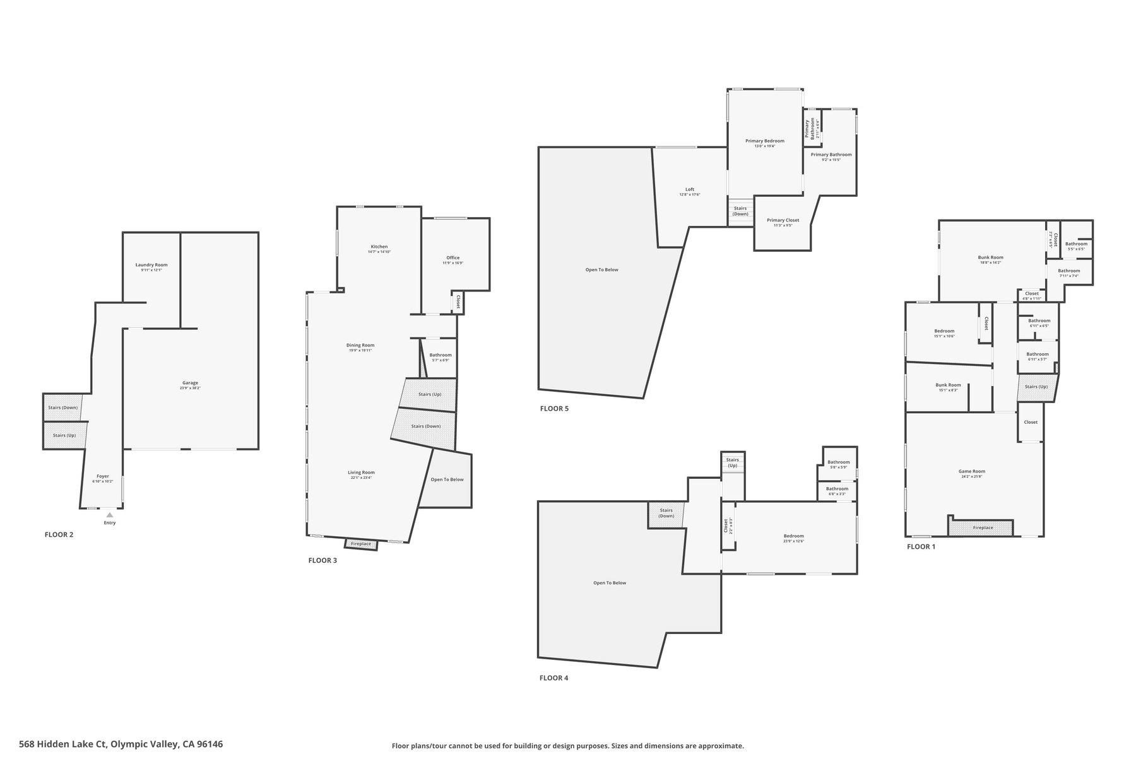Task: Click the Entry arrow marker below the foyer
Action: pos(110,515)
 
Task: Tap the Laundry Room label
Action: pos(151,265)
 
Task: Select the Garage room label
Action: pos(190,383)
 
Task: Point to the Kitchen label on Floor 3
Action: pos(379,247)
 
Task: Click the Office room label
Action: pos(453,257)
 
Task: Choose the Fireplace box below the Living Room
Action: pos(361,544)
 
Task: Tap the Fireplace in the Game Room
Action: pos(982,527)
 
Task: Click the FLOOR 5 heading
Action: pos(554,409)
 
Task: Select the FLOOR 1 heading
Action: pos(921,547)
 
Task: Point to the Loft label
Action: pos(690,189)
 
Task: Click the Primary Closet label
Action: pos(783,220)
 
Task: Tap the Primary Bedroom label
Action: pos(764,141)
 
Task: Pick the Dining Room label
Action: pos(360,345)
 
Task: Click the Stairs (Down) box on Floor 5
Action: pos(740,211)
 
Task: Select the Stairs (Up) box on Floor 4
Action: pos(732,462)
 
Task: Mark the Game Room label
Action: pos(971,471)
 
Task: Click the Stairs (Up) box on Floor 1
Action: pos(1036,387)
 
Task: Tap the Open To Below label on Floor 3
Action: pos(447,479)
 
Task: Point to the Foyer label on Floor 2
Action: pos(102,476)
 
